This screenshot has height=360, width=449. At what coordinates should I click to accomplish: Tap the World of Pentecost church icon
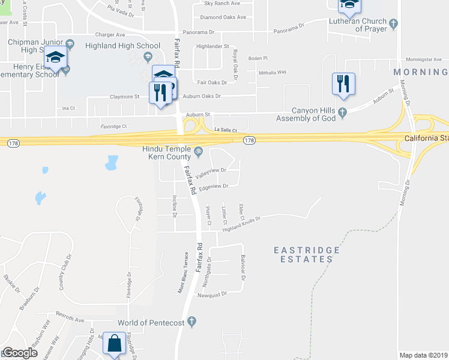(192, 323)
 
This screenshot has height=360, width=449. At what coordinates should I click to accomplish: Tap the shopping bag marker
(114, 344)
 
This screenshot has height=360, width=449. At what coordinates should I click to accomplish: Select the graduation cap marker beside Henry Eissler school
(56, 58)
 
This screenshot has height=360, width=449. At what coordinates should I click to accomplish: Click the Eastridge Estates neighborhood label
(307, 254)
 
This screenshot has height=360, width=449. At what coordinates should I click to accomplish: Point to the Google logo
(20, 353)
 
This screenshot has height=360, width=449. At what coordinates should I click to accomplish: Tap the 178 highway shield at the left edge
(11, 142)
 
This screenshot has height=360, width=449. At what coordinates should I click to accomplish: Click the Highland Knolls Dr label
(241, 220)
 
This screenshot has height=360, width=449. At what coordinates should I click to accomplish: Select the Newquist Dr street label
(212, 295)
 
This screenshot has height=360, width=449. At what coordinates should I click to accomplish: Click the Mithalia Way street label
(273, 72)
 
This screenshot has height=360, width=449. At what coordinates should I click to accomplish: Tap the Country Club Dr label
(65, 273)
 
